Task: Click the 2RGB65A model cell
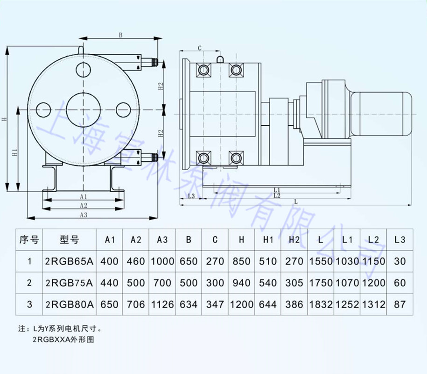[70, 261]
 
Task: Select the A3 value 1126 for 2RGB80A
[162, 304]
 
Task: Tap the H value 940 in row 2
[241, 283]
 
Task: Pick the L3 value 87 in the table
[400, 304]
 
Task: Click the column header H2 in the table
[294, 240]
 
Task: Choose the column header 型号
[70, 240]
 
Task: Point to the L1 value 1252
[347, 304]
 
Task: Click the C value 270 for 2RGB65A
[215, 261]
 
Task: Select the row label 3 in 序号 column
[30, 304]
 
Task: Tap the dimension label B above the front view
[120, 35]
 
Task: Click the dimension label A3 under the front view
[83, 215]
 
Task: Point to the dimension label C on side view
[199, 48]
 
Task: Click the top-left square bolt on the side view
[204, 70]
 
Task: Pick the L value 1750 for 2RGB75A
[320, 283]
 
